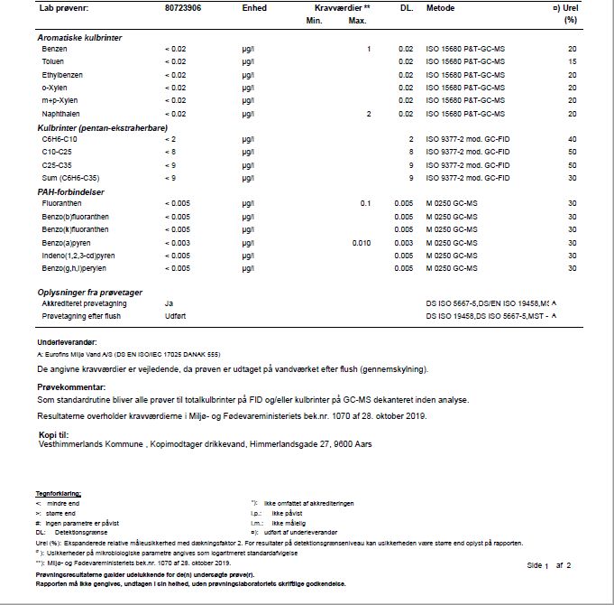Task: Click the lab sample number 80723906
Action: [183, 7]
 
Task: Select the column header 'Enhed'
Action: [254, 7]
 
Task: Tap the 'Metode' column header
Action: [440, 7]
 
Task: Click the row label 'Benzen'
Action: [54, 48]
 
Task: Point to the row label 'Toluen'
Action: [54, 60]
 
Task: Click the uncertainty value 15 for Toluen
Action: [572, 60]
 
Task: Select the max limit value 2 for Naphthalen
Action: [369, 114]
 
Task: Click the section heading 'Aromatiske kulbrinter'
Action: [79, 37]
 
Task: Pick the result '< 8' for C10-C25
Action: [172, 153]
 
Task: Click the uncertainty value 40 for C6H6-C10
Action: [572, 140]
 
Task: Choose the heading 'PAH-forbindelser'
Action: [72, 191]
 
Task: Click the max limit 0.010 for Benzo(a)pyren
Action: [361, 244]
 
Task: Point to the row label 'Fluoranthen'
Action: [62, 204]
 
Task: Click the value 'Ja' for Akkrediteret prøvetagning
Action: [169, 303]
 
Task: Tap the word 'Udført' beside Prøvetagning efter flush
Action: [175, 316]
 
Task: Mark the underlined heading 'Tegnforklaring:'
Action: [58, 493]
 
